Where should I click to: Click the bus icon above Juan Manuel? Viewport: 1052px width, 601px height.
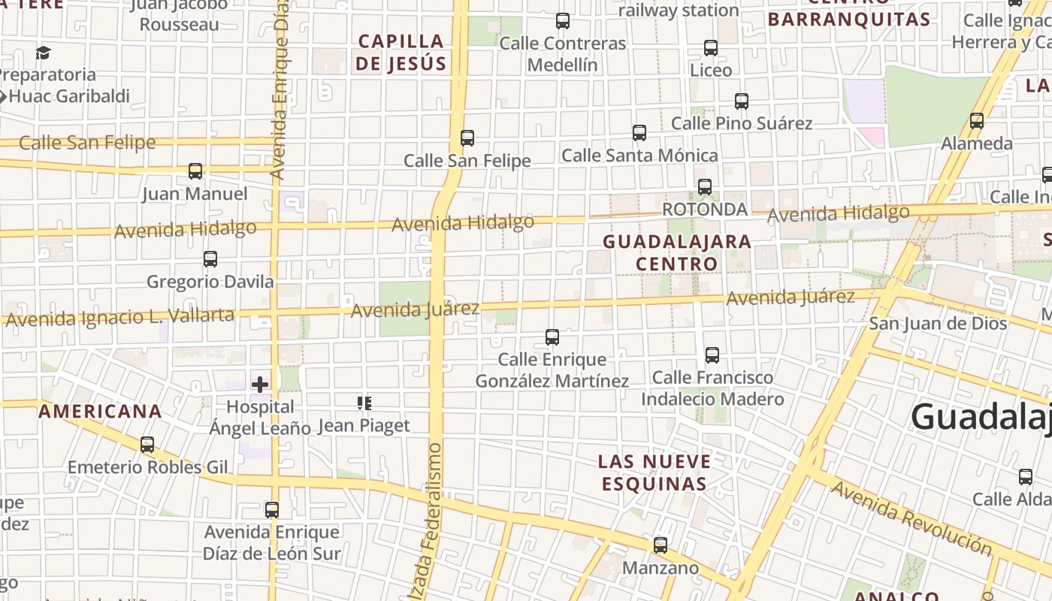(195, 171)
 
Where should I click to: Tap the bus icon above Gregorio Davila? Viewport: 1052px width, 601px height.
(210, 259)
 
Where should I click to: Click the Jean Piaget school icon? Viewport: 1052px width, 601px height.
(364, 403)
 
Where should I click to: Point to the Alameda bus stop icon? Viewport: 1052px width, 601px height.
(977, 120)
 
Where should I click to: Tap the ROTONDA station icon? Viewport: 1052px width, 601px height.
(705, 187)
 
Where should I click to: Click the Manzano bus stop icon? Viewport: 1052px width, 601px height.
(661, 545)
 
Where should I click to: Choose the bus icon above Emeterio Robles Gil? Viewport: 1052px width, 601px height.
(147, 445)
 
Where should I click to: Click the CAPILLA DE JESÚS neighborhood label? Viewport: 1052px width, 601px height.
(401, 53)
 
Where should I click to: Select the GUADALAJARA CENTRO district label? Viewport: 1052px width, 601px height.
(677, 252)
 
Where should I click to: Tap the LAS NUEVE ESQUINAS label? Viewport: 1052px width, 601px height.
(654, 472)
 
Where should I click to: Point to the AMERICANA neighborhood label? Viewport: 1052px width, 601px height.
(100, 412)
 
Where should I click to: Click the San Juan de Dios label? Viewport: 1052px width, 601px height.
(938, 324)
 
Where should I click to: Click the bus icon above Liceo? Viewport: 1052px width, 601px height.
(711, 48)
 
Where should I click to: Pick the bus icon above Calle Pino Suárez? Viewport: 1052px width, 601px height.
(742, 101)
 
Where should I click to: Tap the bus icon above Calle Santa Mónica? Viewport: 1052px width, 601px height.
(639, 133)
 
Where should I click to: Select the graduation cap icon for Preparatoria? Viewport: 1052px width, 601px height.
(43, 53)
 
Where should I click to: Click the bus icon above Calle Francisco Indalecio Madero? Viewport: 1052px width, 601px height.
(712, 355)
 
